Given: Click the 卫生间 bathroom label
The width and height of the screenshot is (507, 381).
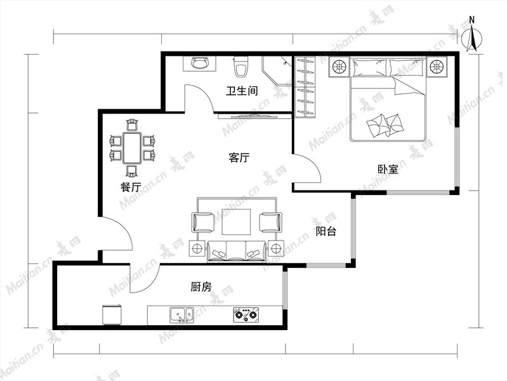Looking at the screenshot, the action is coord(242,91).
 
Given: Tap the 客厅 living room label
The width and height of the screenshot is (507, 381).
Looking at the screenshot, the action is coord(239,157).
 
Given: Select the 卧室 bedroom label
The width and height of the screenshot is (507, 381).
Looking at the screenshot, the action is coord(388,169).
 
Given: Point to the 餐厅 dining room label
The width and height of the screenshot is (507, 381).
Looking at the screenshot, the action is coord(131,187).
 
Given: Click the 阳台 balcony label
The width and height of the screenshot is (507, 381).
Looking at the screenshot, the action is coord(326,231).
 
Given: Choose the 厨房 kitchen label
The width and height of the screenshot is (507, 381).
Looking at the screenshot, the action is coord(201,286).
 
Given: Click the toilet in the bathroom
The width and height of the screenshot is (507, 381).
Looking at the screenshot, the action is coord(241,67).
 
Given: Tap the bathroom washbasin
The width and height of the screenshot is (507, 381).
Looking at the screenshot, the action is coord(199,63).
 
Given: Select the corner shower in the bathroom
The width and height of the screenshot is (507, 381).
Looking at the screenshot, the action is coord(277,70).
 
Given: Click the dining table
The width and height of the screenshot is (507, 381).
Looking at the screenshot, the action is coord(131,147).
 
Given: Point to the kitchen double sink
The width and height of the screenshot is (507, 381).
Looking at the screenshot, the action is coord(181,315).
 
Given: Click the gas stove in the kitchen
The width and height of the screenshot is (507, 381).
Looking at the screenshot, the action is coord(246,314).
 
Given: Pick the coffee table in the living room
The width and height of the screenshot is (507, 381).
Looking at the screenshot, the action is coord(236,222).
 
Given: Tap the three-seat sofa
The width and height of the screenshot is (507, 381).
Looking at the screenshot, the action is coord(236,251).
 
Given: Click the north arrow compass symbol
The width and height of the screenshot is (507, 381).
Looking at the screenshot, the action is coord(471,36).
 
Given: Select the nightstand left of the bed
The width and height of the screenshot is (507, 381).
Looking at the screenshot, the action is coord(339,67).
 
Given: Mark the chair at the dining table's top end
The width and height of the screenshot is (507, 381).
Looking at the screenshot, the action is coord(132,125).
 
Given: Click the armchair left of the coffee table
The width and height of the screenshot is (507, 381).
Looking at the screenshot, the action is coord(202,222).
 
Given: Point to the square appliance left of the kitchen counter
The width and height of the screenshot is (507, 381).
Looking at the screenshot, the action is coord(112,314).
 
